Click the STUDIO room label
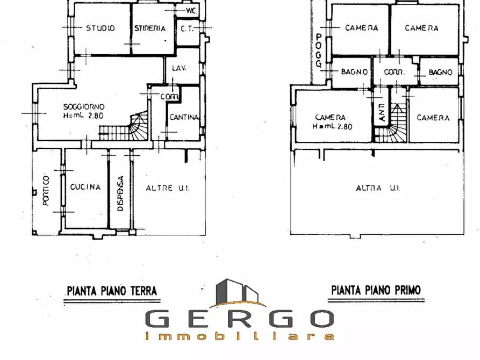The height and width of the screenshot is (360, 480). pos(101,28)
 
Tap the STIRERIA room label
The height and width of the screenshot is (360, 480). pos(150,28)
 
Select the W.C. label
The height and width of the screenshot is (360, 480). pos(191,11)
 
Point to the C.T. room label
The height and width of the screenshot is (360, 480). pos(187,29)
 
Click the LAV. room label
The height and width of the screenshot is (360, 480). pos(179,68)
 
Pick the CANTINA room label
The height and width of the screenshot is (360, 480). pos(184,117)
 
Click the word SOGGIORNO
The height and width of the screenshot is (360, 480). pos(84,107)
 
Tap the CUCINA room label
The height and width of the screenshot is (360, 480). pos(85,187)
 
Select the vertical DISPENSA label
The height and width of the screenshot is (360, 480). pos(120,193)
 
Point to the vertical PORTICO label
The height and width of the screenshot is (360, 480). pos(46,190)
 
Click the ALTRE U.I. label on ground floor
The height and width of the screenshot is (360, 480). pos(168,188)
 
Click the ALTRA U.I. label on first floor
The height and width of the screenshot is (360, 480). pos(378,188)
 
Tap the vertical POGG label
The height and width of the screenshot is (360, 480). pos(319,51)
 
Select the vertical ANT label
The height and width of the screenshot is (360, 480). pos(382,112)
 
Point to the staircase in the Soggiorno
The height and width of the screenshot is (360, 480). pos(124,127)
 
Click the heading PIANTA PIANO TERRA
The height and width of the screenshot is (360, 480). pos(112,291)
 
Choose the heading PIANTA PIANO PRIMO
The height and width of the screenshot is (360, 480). pos(376,290)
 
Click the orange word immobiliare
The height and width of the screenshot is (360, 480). pos(239,336)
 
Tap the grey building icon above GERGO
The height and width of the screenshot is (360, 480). pos(237,293)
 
